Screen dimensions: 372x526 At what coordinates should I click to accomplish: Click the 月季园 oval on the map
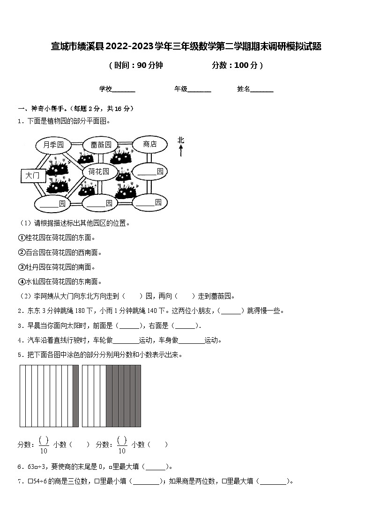tap(53, 145)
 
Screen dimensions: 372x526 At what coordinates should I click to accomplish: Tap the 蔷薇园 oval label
tap(101, 145)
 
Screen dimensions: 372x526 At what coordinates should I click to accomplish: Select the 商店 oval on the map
tap(150, 144)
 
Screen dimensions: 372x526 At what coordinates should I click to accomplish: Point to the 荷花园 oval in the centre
tap(98, 172)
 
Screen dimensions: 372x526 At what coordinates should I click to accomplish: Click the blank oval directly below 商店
tap(150, 172)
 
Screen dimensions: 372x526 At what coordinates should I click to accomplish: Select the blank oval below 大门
tap(52, 204)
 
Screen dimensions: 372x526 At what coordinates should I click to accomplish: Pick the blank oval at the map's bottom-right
tap(149, 202)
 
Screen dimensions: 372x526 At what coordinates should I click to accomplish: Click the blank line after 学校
tap(124, 89)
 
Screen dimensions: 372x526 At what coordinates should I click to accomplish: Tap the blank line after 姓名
tap(262, 89)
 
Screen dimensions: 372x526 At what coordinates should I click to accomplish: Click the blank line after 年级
tap(199, 89)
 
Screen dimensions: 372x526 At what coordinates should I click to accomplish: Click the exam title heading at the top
tap(186, 46)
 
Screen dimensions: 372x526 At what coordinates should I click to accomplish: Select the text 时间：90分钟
tap(136, 66)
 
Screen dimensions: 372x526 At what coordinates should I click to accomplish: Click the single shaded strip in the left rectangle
tap(76, 396)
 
